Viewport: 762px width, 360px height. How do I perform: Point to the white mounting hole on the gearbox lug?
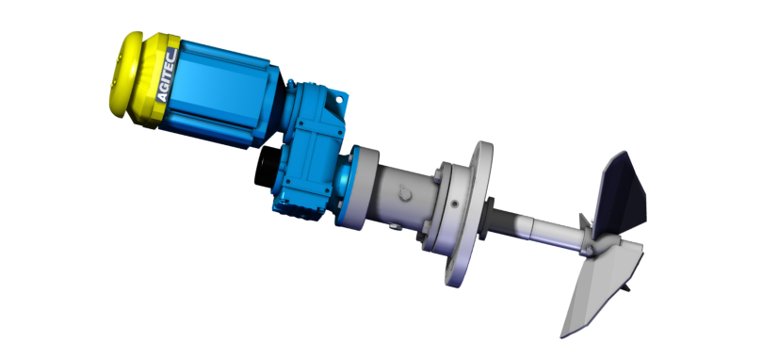coord(339,100)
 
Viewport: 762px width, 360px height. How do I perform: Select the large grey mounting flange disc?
coord(467,214)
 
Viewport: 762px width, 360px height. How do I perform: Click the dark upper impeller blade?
coord(621,191)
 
